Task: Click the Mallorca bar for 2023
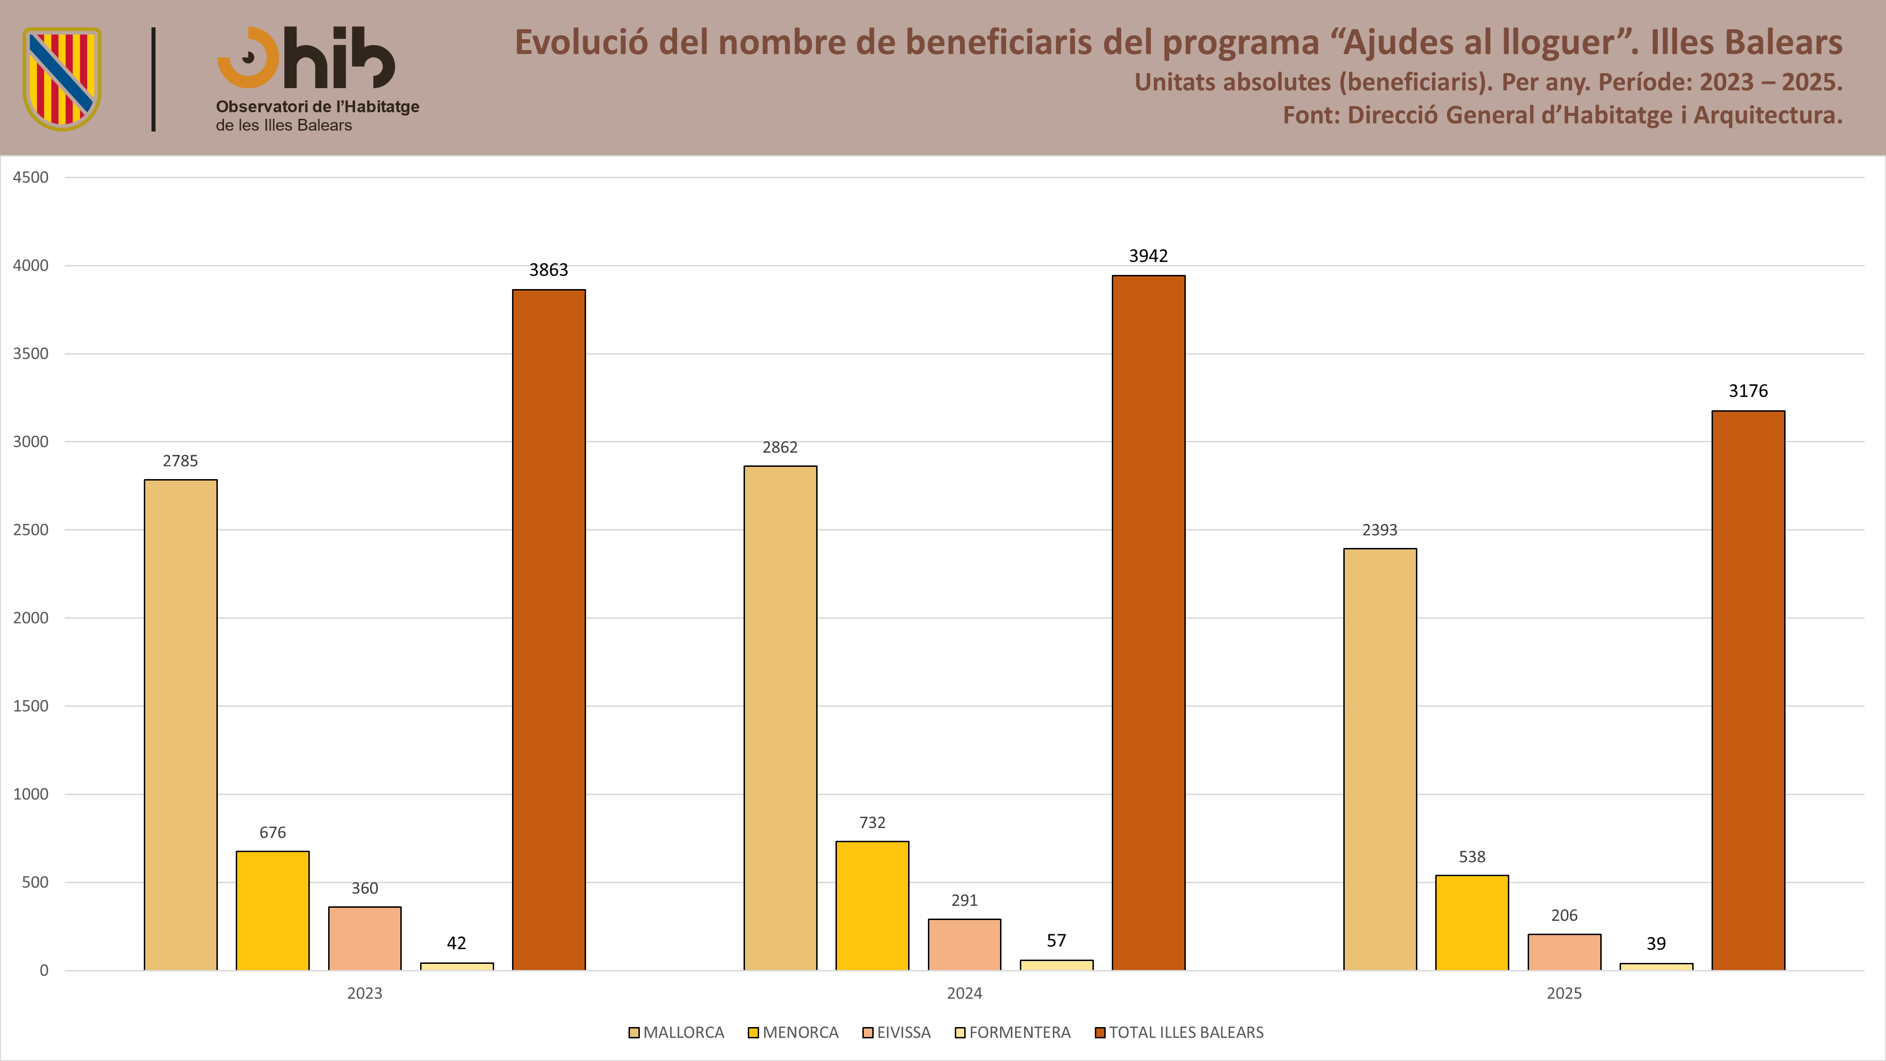tap(180, 725)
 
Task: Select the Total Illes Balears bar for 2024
tap(1148, 623)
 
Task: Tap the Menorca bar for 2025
tap(1472, 923)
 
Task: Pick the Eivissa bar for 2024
tap(964, 945)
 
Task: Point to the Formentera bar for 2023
tap(456, 967)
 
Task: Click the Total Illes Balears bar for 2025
tap(1748, 690)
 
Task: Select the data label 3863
tap(548, 270)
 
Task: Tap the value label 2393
tap(1379, 530)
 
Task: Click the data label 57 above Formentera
tap(1056, 941)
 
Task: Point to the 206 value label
tap(1564, 915)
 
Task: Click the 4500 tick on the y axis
tap(31, 177)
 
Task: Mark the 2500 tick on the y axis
tap(31, 530)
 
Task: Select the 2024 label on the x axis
tap(964, 994)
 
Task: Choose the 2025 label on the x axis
tap(1564, 994)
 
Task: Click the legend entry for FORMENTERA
tap(1013, 1032)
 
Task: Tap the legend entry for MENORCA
tap(793, 1032)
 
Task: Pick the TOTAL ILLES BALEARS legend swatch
tap(1100, 1032)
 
